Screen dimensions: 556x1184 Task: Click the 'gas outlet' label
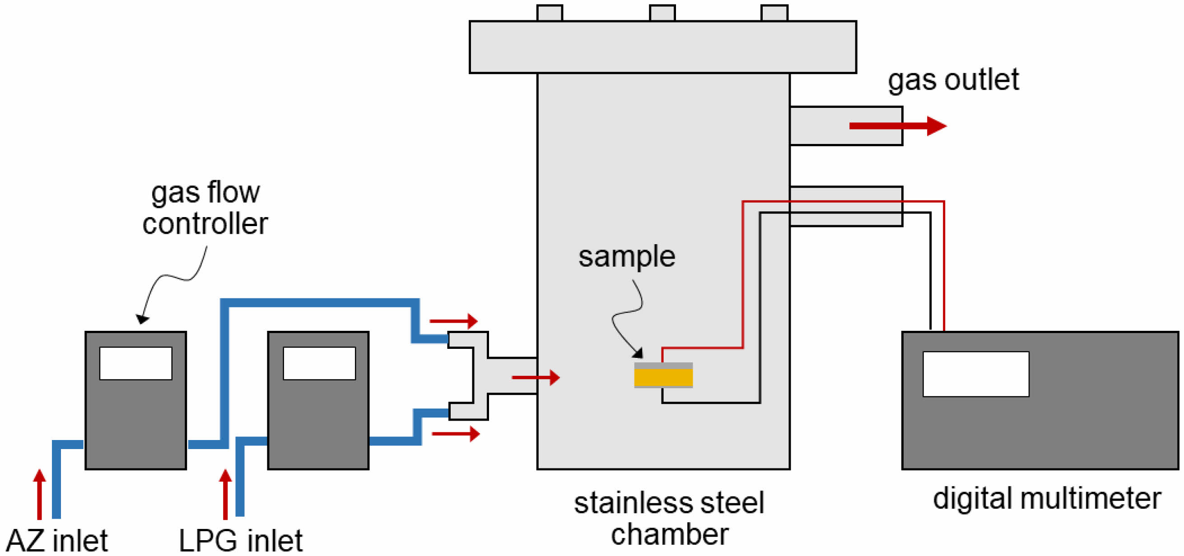pyautogui.click(x=953, y=80)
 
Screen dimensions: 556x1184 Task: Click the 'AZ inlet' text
pyautogui.click(x=57, y=540)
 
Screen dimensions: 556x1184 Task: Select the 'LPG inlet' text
pyautogui.click(x=240, y=540)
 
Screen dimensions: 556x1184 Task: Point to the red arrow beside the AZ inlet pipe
pyautogui.click(x=40, y=494)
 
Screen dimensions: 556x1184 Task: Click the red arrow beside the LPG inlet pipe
pyautogui.click(x=225, y=494)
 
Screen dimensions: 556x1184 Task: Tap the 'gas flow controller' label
pyautogui.click(x=205, y=208)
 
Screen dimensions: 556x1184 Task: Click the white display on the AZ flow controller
pyautogui.click(x=135, y=363)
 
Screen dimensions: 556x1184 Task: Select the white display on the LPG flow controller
pyautogui.click(x=319, y=363)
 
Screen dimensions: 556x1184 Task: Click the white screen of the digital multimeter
pyautogui.click(x=975, y=374)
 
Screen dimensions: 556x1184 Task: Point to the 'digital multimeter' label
pyautogui.click(x=1047, y=499)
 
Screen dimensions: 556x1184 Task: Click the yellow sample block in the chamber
pyautogui.click(x=663, y=377)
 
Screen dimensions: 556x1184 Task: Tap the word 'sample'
pyautogui.click(x=626, y=256)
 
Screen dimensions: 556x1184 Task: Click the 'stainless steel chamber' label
pyautogui.click(x=669, y=519)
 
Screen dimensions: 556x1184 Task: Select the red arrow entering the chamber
pyautogui.click(x=536, y=377)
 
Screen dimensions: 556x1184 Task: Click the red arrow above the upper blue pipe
pyautogui.click(x=453, y=321)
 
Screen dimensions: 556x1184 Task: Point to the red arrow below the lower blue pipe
pyautogui.click(x=456, y=434)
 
